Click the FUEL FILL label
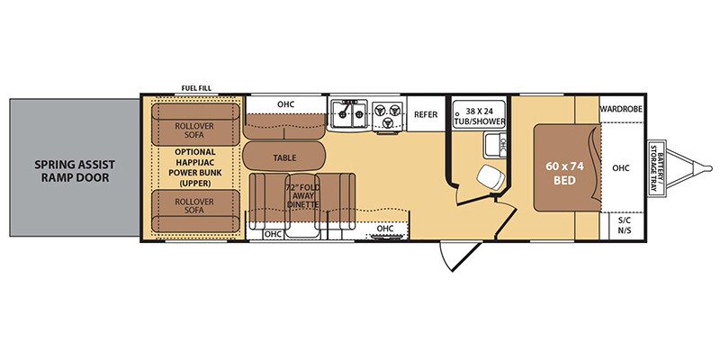point(196,88)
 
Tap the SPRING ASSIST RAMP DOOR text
point(76,171)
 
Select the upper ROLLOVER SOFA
point(195,125)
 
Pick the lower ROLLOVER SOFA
point(195,211)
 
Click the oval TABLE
point(284,157)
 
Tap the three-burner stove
point(388,114)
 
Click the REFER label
point(426,114)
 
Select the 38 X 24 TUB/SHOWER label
point(480,116)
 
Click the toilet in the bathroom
point(488,175)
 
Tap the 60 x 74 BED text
point(564,173)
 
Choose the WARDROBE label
point(621,109)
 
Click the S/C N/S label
point(624,225)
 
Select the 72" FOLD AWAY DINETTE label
point(302,195)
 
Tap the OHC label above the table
point(285,104)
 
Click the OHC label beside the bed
point(621,168)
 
